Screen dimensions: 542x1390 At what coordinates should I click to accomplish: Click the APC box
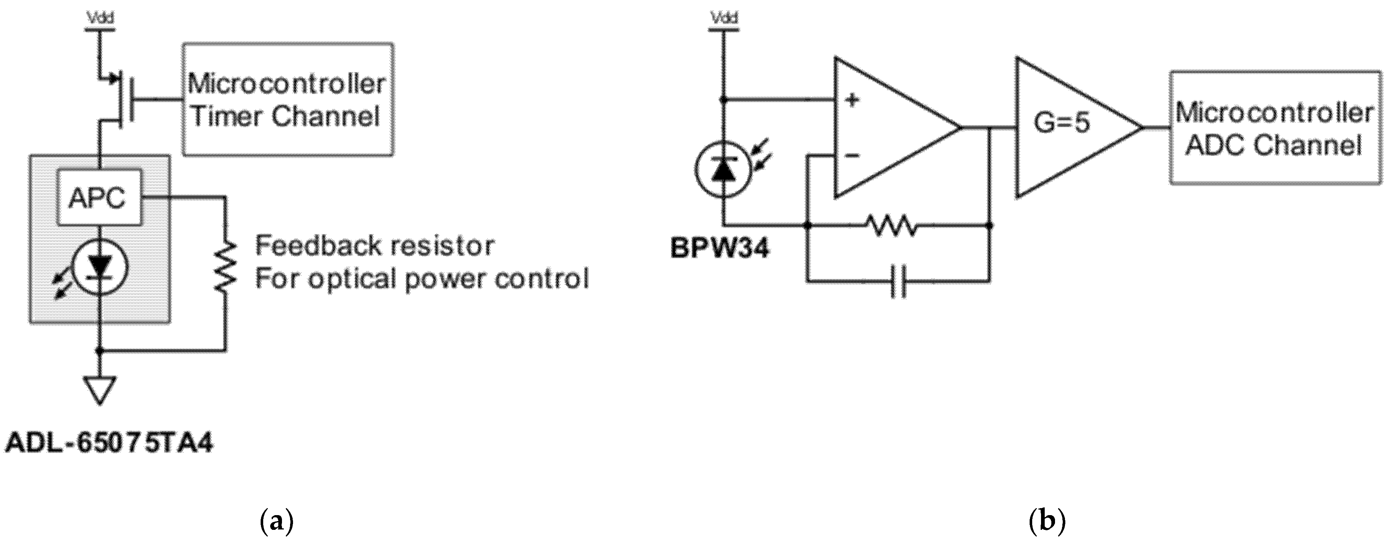tap(99, 198)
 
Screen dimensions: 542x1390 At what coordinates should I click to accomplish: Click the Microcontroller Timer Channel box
tap(287, 100)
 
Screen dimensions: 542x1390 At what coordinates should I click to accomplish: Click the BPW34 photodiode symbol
tap(723, 170)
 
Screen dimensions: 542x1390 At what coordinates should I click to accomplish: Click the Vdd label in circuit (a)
tap(100, 18)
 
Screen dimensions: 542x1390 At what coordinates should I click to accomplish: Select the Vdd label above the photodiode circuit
tap(724, 18)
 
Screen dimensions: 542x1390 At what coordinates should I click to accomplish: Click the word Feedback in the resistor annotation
tap(311, 246)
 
